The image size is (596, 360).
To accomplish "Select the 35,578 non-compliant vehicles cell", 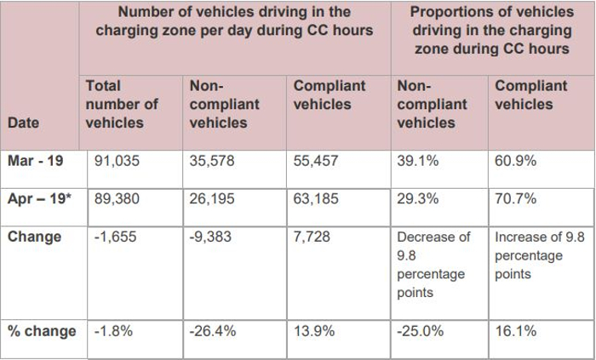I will click(x=213, y=160).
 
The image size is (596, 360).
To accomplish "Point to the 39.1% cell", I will click(x=415, y=160).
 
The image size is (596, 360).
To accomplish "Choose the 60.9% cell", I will click(x=515, y=160).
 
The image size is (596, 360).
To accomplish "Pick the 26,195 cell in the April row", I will click(x=213, y=198).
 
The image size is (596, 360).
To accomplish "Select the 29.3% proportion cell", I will click(x=415, y=198).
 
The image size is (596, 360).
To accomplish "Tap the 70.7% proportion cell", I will click(x=515, y=198).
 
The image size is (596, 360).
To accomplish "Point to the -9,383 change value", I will click(x=210, y=237).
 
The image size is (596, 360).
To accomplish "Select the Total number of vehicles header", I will click(x=122, y=104).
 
